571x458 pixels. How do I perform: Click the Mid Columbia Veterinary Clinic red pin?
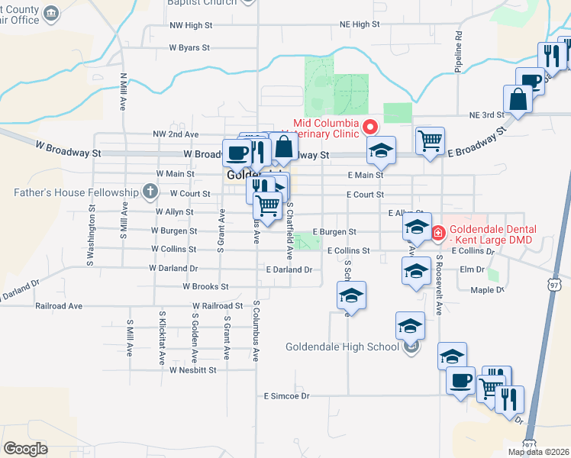[370, 126]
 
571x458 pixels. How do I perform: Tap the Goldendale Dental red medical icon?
[439, 233]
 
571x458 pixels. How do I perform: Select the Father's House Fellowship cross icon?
[150, 192]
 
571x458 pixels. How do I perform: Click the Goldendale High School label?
[342, 347]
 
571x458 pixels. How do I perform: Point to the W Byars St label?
[189, 47]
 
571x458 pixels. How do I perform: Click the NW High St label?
[191, 25]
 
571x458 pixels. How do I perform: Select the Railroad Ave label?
[59, 305]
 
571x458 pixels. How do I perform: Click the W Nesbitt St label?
[193, 369]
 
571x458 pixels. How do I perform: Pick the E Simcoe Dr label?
[287, 396]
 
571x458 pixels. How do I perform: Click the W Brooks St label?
[205, 286]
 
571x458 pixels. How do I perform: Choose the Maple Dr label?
[487, 289]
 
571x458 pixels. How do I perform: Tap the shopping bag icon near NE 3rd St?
[518, 99]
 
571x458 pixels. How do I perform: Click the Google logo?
[25, 448]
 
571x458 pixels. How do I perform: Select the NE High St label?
[360, 24]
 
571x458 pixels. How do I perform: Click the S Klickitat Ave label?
[162, 337]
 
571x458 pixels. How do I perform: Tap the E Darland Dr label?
[289, 269]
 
